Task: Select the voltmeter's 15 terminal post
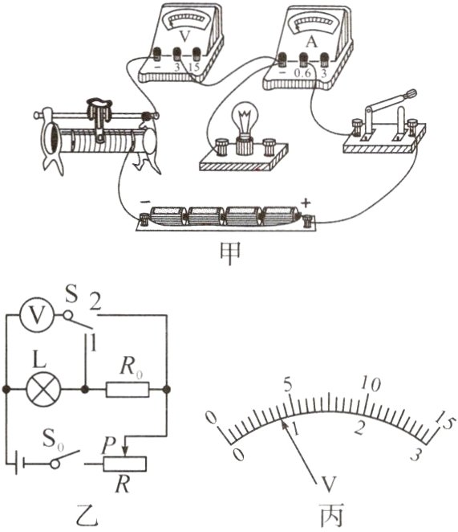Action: [x=197, y=54]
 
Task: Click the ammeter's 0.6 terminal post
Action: [x=303, y=59]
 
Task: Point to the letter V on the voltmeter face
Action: [x=184, y=37]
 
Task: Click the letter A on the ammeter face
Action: [x=311, y=42]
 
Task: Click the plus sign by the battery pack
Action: [x=306, y=203]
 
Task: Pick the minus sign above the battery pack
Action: [x=144, y=202]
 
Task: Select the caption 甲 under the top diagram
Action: [x=230, y=254]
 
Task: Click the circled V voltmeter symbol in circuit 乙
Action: [x=37, y=316]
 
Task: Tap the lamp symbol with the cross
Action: [x=43, y=390]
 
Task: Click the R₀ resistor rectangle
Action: [x=128, y=390]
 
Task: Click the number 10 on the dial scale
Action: [x=371, y=384]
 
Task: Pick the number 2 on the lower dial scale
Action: [x=359, y=428]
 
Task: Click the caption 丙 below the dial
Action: [x=331, y=515]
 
